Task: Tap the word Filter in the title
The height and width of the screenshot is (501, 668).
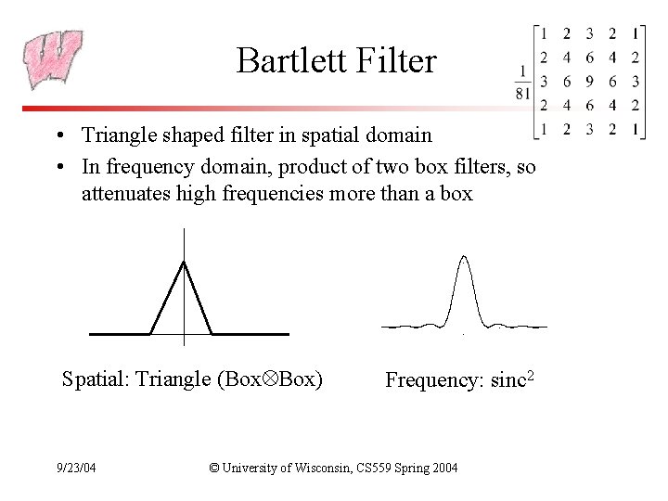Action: [399, 62]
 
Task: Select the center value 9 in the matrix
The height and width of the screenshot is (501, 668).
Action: [589, 82]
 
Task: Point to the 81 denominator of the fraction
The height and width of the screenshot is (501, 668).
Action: [522, 92]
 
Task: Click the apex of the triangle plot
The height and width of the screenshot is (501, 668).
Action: [185, 263]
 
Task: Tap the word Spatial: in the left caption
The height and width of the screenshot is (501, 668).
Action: [95, 379]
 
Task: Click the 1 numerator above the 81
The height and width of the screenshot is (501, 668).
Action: [522, 71]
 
